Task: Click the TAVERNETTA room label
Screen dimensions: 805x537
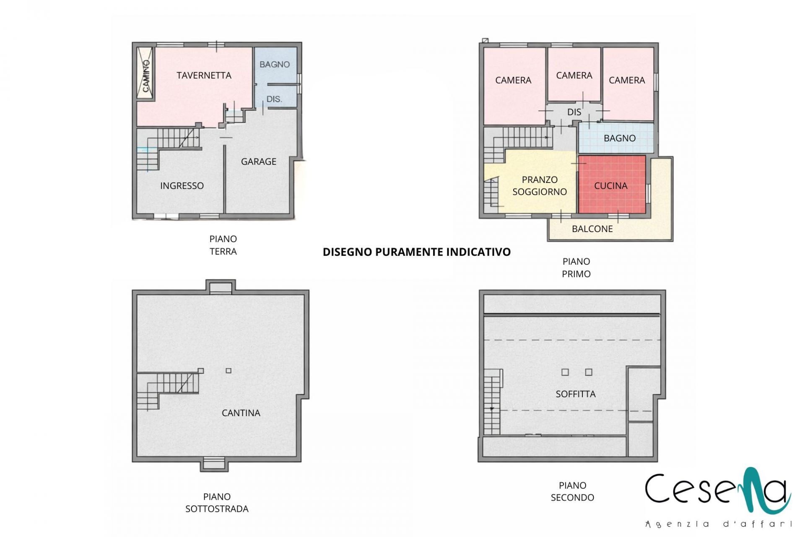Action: coord(204,76)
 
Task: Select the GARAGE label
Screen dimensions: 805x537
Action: coord(259,162)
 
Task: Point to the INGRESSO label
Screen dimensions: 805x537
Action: coord(182,186)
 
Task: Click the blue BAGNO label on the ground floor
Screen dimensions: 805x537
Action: coord(275,65)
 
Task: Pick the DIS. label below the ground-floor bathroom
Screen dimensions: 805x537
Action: coord(274,99)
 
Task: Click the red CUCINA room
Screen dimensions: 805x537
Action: coord(612,185)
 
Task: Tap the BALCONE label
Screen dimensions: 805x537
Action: coord(592,229)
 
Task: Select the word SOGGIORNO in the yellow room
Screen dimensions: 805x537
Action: coord(540,192)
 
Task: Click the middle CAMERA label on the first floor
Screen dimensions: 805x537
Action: coord(574,76)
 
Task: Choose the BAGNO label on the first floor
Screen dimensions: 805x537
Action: coord(620,138)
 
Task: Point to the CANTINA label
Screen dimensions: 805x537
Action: coord(241,413)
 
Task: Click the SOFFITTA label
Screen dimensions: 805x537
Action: coord(576,394)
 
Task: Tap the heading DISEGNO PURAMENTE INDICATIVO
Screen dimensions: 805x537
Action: coord(417,252)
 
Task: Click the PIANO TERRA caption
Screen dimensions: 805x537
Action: coord(223,245)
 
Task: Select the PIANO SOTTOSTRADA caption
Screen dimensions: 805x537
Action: coord(217,503)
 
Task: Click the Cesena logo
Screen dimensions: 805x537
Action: coord(718,498)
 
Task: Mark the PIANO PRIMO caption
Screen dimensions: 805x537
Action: coord(576,268)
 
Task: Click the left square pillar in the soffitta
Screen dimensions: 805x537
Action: coord(565,372)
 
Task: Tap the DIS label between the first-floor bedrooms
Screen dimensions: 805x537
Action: coord(574,112)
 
